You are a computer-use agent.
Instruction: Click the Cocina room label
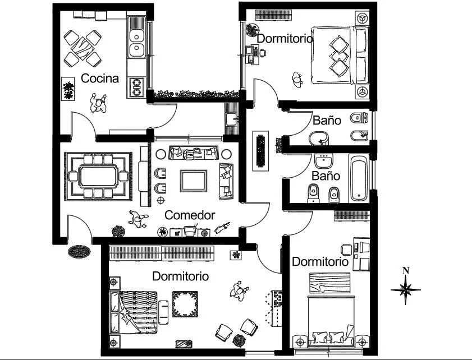pyautogui.click(x=100, y=78)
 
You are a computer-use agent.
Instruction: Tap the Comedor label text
pyautogui.click(x=190, y=215)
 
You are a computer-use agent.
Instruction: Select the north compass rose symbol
pyautogui.click(x=406, y=289)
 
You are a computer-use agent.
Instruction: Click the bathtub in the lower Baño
pyautogui.click(x=359, y=178)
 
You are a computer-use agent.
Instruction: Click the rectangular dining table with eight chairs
pyautogui.click(x=99, y=177)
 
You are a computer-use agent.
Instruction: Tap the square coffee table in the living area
pyautogui.click(x=193, y=180)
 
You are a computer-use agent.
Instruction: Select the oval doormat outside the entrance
pyautogui.click(x=79, y=251)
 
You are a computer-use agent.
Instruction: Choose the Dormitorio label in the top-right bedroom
pyautogui.click(x=285, y=38)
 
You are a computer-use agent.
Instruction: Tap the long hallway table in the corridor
pyautogui.click(x=260, y=149)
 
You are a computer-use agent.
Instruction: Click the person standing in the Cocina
pyautogui.click(x=99, y=104)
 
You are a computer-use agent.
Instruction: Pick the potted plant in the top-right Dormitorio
pyautogui.click(x=252, y=30)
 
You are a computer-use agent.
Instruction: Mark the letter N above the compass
pyautogui.click(x=406, y=271)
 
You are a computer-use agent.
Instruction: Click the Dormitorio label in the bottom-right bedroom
pyautogui.click(x=320, y=261)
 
